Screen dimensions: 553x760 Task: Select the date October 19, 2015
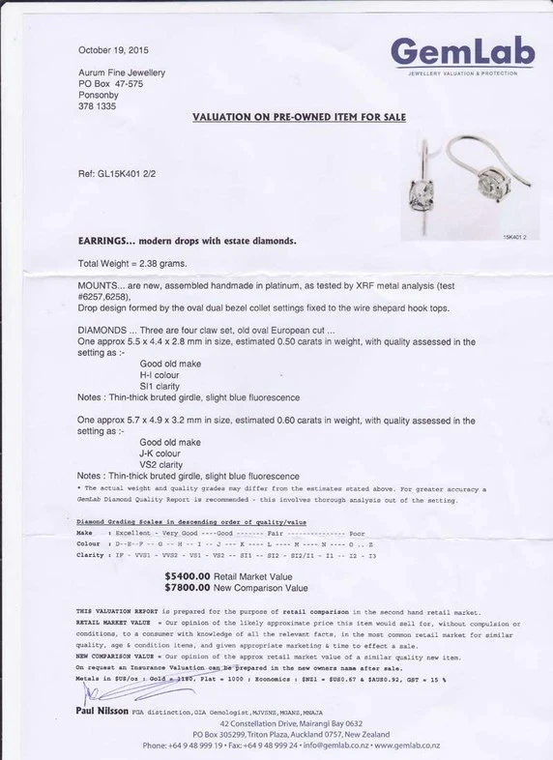(113, 50)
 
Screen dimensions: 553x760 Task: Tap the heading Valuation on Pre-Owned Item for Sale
(299, 117)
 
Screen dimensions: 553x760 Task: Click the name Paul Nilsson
(103, 713)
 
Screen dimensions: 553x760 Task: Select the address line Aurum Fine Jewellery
(121, 73)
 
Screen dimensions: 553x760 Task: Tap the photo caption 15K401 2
(513, 236)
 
